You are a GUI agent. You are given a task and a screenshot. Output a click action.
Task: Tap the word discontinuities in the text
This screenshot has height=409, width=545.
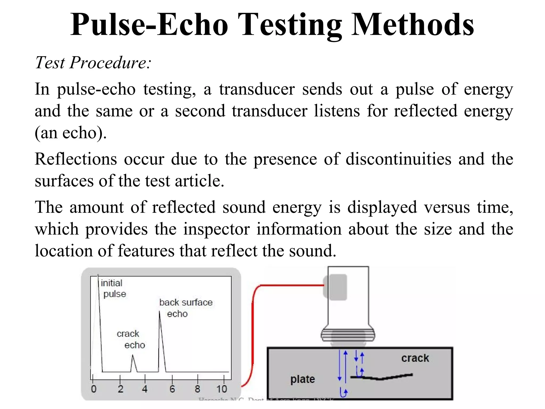click(x=398, y=159)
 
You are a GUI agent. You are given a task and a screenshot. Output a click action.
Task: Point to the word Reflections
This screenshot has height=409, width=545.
click(x=76, y=159)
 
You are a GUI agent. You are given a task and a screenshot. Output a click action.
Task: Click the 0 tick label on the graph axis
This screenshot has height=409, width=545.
click(x=94, y=389)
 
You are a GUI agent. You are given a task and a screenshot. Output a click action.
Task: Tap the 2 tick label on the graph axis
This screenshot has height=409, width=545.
click(x=121, y=389)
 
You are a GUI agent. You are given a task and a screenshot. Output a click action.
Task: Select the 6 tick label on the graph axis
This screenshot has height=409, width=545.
click(x=172, y=389)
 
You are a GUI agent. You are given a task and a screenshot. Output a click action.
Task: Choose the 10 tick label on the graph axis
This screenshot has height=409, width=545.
click(x=222, y=389)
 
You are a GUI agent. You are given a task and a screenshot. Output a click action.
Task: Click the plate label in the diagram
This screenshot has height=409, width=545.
click(x=303, y=379)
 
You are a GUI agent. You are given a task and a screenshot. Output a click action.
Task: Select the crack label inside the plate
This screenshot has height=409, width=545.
click(x=415, y=358)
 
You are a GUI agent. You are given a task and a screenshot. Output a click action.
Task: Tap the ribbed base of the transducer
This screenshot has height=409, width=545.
click(x=348, y=335)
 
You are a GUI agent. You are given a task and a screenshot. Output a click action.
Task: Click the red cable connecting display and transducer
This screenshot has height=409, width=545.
click(x=253, y=333)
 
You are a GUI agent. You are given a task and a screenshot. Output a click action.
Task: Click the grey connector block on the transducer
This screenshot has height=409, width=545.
click(x=336, y=287)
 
